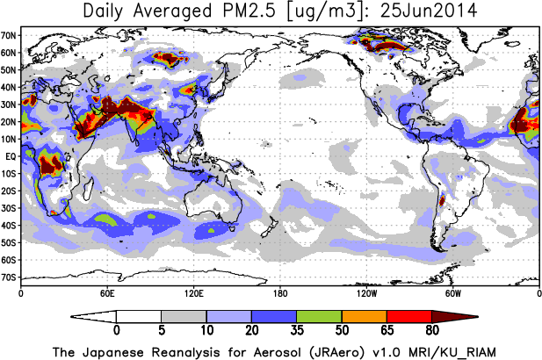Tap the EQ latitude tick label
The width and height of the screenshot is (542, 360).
10,156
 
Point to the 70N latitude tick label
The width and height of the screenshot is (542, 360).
9,36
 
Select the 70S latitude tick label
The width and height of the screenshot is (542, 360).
9,277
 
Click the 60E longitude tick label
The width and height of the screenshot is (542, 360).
106,292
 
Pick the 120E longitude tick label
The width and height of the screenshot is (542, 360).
193,292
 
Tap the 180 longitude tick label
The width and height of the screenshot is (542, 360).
279,292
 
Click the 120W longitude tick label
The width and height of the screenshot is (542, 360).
366,292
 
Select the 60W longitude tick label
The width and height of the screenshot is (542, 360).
452,292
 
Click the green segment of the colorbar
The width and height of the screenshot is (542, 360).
319,316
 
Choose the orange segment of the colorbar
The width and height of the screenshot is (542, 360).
365,316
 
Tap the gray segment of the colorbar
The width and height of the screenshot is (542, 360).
184,316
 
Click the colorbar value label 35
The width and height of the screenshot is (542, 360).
297,331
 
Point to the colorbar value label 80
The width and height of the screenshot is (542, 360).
432,331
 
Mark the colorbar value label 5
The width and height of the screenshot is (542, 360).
162,331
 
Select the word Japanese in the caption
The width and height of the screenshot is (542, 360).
117,351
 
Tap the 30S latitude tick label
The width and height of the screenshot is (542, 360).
9,208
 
